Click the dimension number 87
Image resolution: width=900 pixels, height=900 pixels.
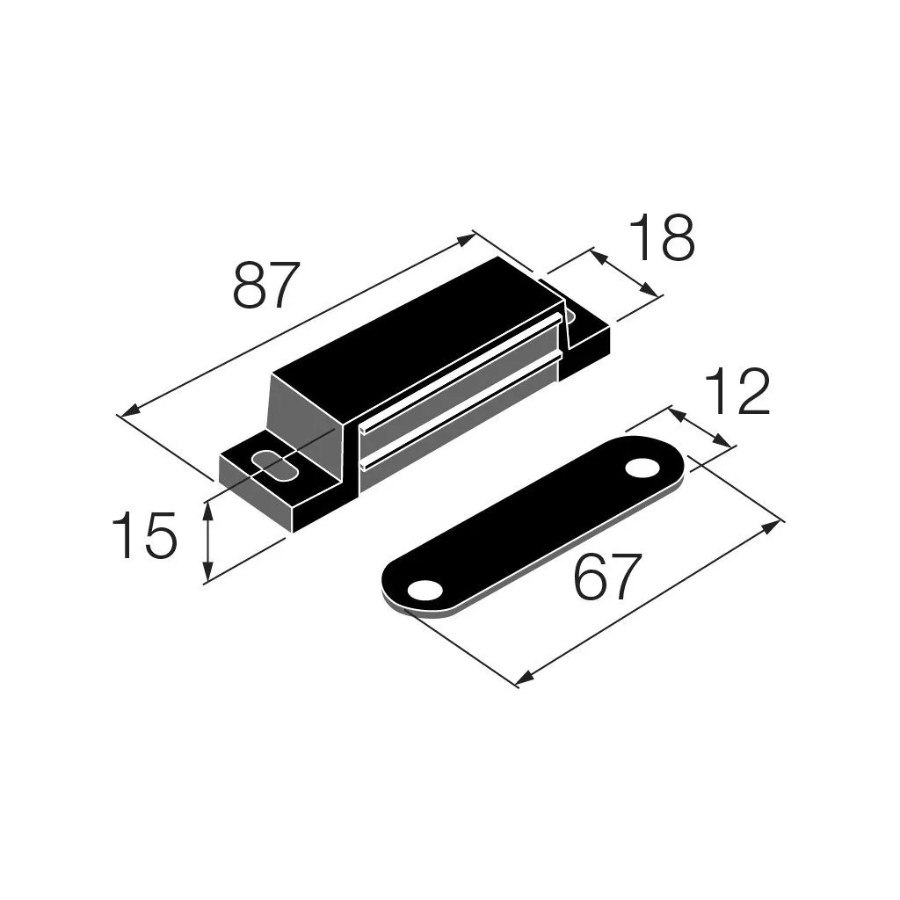pyautogui.click(x=266, y=286)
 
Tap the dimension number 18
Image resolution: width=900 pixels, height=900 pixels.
pyautogui.click(x=661, y=237)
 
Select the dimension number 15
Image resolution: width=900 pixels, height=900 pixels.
pyautogui.click(x=143, y=535)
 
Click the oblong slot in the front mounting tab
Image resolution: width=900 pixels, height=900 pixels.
pyautogui.click(x=274, y=466)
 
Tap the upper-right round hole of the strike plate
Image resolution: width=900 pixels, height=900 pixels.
pyautogui.click(x=642, y=468)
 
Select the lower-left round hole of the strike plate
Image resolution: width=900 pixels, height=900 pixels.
pyautogui.click(x=425, y=590)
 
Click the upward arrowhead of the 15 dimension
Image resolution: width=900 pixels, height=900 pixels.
pyautogui.click(x=208, y=511)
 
